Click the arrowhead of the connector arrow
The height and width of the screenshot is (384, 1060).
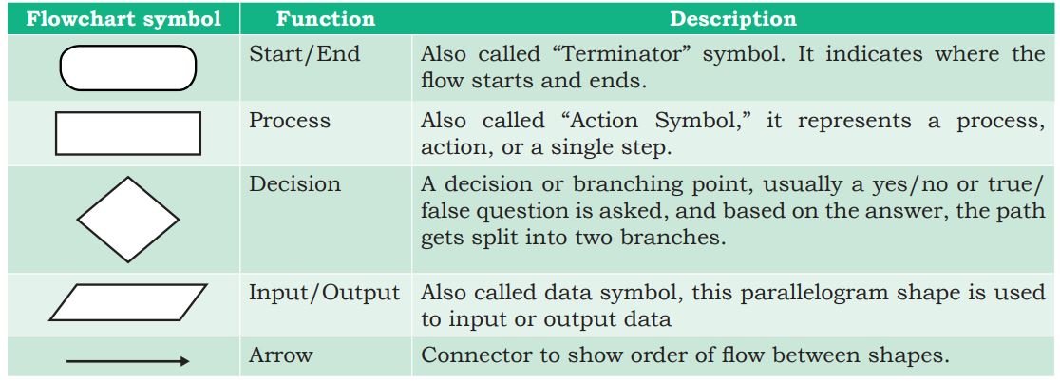click(x=184, y=362)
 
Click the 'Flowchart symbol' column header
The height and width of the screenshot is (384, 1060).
click(x=123, y=19)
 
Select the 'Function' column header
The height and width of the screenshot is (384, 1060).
click(x=325, y=19)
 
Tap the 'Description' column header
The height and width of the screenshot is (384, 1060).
click(x=733, y=19)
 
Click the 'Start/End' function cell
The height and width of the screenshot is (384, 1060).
click(x=304, y=54)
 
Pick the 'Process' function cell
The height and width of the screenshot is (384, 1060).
click(x=290, y=121)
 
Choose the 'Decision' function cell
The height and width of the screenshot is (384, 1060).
click(x=294, y=183)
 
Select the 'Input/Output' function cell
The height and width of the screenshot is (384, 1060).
click(x=325, y=294)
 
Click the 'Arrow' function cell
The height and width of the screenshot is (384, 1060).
click(x=280, y=355)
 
